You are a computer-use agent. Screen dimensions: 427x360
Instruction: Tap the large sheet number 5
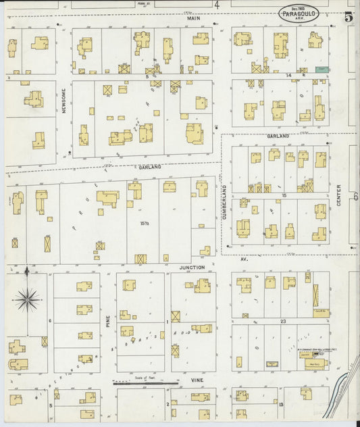click(348, 18)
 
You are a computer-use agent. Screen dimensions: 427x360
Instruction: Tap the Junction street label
click(191, 267)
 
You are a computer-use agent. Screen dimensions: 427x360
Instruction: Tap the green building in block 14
click(322, 69)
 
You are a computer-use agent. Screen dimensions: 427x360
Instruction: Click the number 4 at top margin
click(217, 5)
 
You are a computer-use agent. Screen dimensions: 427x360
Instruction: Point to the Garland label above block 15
click(277, 136)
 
